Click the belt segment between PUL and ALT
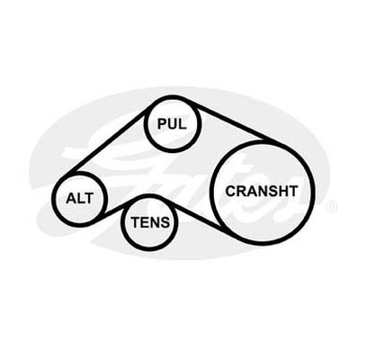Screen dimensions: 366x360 [x=107, y=141]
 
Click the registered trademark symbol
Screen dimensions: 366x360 [x=331, y=207]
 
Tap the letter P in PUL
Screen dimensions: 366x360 [x=163, y=123]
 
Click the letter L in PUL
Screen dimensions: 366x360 [x=183, y=123]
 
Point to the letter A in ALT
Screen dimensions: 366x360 [x=71, y=198]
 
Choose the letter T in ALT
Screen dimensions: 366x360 [x=89, y=198]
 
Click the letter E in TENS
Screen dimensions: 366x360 [x=146, y=222]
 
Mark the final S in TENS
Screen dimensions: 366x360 [x=165, y=222]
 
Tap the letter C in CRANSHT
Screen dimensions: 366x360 [x=231, y=192]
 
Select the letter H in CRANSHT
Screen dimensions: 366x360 [x=282, y=191]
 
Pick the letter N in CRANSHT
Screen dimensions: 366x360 [x=263, y=192]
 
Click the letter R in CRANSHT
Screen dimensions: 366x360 [x=242, y=192]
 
